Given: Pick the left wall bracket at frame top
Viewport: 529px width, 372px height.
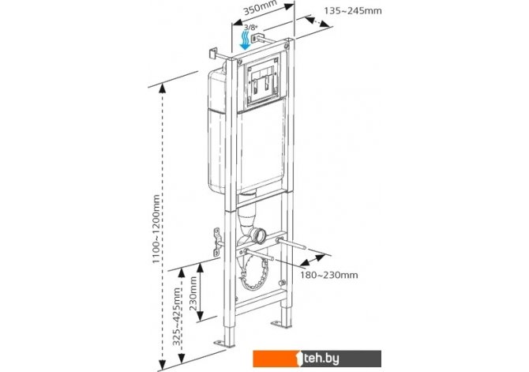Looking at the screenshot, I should [x=212, y=54].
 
